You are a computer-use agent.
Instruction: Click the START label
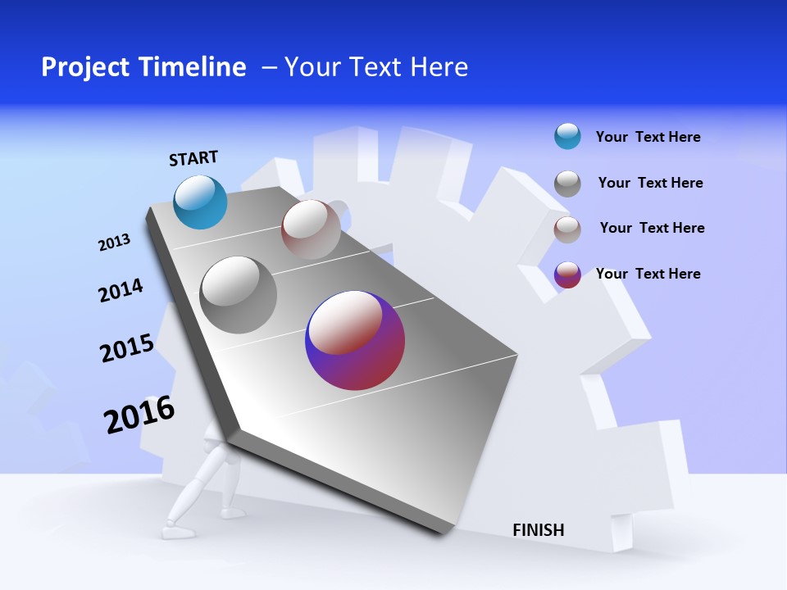click(x=193, y=158)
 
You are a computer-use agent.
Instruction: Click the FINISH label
click(x=539, y=530)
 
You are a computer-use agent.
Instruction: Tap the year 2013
click(x=114, y=243)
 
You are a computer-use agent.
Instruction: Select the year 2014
click(x=121, y=291)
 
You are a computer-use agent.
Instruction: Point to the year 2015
click(x=127, y=348)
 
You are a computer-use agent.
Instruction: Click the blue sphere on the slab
click(x=201, y=202)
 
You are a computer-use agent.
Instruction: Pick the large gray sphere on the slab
click(x=239, y=295)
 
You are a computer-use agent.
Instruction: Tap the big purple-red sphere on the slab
click(x=355, y=340)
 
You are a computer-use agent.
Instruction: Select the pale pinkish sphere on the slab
click(x=311, y=229)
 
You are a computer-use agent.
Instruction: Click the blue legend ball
click(x=567, y=136)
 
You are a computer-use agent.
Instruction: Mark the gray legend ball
click(x=567, y=184)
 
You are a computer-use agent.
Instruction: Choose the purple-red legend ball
click(x=567, y=275)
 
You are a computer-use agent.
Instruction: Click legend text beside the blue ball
click(x=648, y=137)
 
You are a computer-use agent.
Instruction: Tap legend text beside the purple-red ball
click(x=648, y=274)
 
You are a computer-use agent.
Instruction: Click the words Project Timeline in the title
click(x=143, y=67)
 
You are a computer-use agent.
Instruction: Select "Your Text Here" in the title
click(x=376, y=67)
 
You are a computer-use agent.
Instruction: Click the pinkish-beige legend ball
click(x=567, y=229)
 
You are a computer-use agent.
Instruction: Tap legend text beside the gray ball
click(x=650, y=183)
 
